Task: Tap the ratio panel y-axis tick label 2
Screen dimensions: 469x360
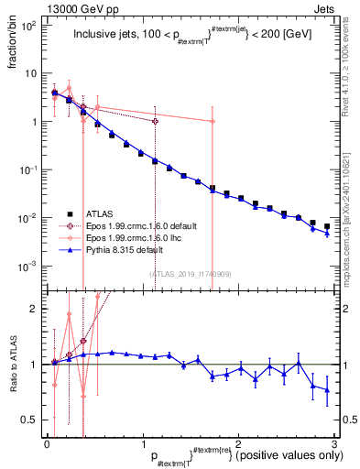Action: (x=38, y=309)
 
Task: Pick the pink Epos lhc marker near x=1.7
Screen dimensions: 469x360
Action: (x=213, y=121)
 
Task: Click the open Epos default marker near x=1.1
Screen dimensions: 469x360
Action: (x=155, y=121)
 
